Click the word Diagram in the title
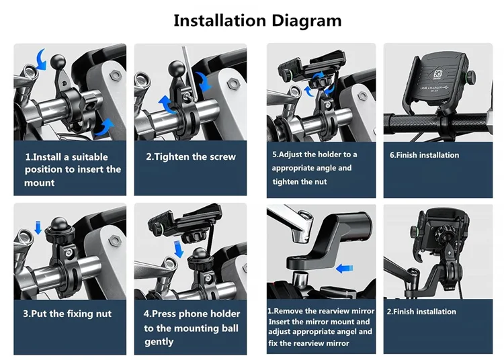[306, 21]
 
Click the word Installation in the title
[220, 21]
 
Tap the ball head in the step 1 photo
[58, 61]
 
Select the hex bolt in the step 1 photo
[116, 76]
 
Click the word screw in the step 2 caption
[222, 156]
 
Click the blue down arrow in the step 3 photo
[38, 228]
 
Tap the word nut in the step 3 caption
[103, 314]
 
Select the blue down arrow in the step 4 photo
[178, 249]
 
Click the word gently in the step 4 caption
[159, 342]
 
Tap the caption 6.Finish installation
[424, 155]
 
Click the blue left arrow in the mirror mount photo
[344, 268]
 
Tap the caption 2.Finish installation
[421, 312]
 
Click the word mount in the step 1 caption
[39, 183]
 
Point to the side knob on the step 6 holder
[471, 77]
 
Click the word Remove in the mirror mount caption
[288, 311]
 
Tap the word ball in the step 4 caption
[230, 328]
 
